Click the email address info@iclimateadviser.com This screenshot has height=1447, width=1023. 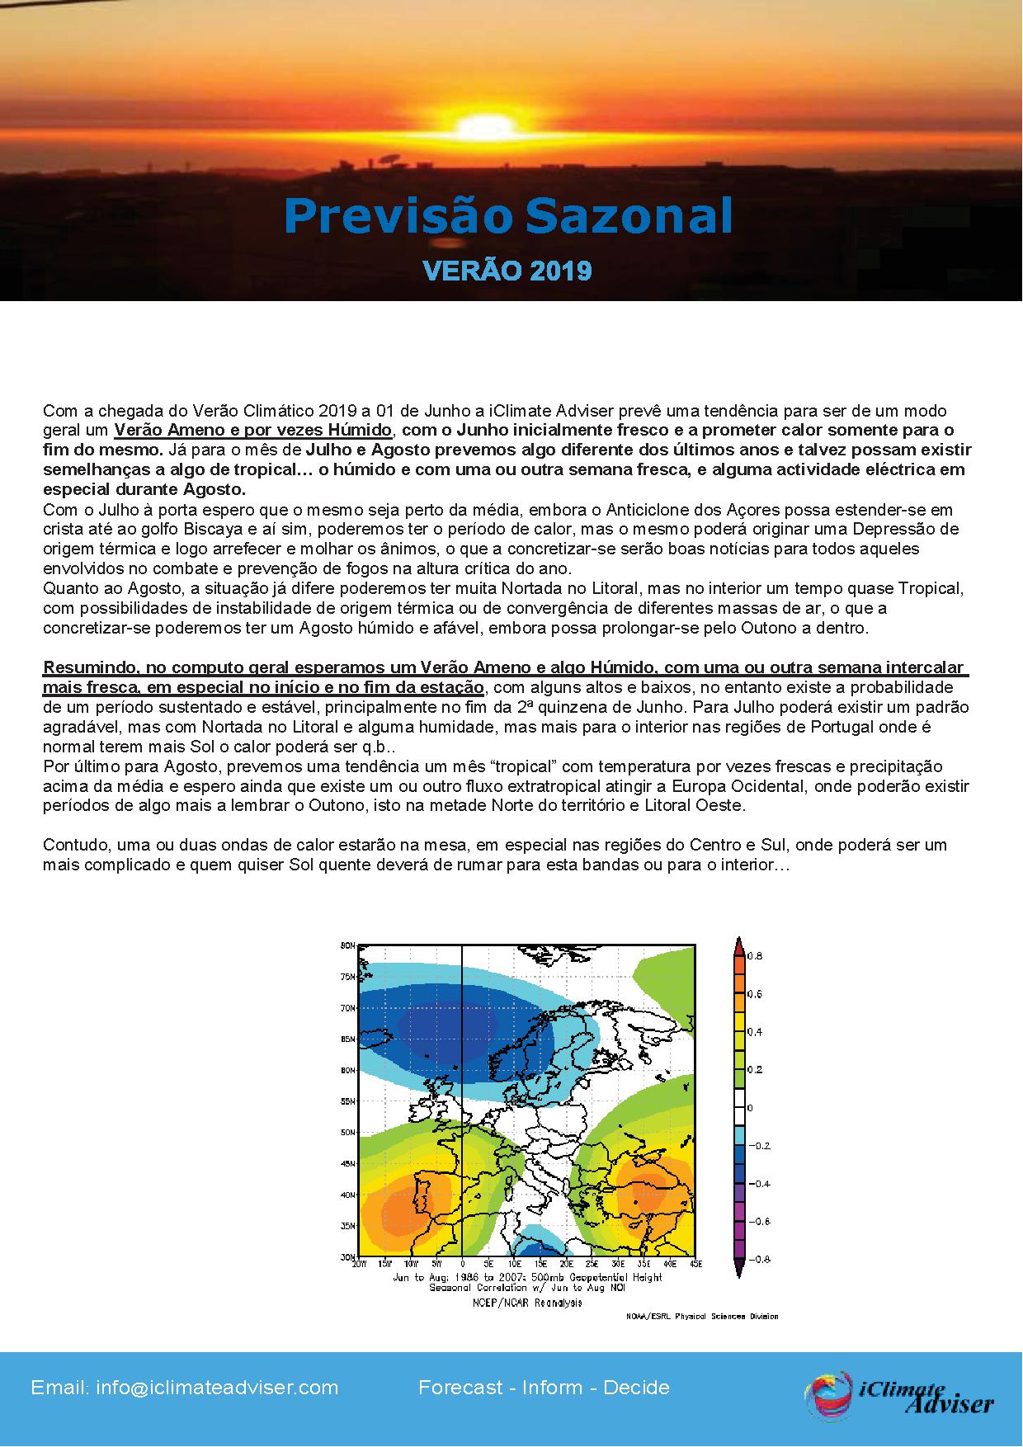185,1388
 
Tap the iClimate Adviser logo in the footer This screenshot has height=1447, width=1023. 899,1394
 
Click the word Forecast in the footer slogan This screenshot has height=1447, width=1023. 460,1388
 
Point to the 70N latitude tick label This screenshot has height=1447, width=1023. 347,1008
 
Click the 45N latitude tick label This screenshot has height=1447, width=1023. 347,1164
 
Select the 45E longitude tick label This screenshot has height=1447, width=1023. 695,1264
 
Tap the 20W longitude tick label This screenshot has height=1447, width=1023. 359,1264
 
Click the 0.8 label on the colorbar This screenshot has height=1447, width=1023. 754,956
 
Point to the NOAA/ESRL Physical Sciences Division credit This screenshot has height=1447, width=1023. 702,1317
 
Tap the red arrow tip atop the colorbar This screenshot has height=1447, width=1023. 739,942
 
